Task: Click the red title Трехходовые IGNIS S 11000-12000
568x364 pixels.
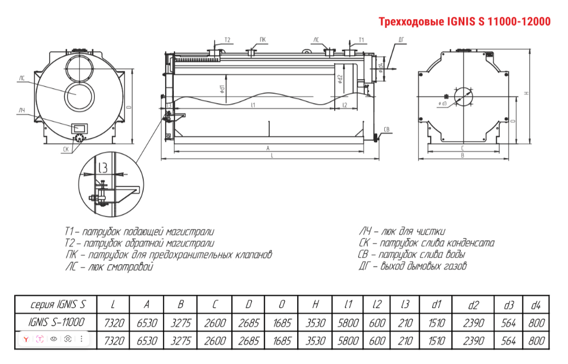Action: point(464,22)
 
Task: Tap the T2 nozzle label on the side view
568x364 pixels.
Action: point(227,40)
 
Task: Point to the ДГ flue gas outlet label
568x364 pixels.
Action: point(401,40)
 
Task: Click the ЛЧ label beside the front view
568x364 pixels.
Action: point(22,111)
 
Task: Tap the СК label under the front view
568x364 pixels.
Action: point(66,149)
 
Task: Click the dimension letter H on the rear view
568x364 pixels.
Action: point(526,93)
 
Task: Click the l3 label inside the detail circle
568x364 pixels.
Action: point(101,167)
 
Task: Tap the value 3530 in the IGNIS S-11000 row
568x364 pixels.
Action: point(315,323)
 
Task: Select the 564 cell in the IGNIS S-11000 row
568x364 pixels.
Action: point(508,323)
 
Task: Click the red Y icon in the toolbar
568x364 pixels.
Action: point(26,339)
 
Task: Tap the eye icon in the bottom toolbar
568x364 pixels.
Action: point(54,339)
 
